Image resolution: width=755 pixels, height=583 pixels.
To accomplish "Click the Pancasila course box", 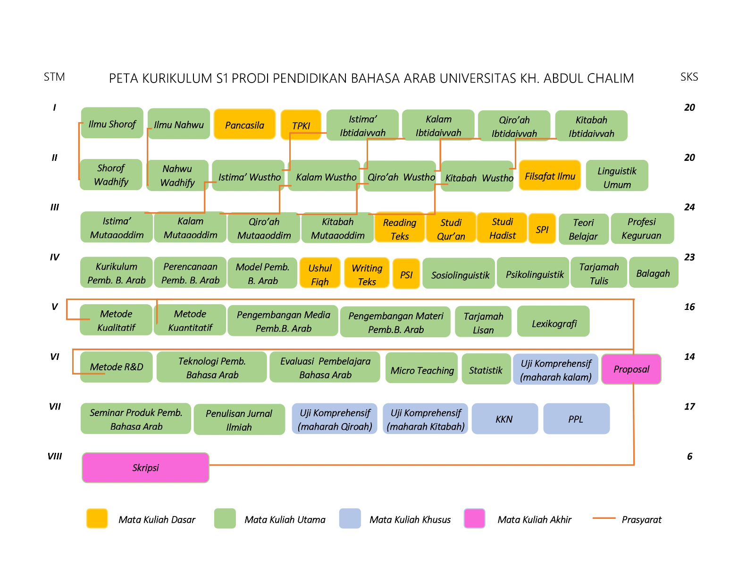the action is [x=244, y=125].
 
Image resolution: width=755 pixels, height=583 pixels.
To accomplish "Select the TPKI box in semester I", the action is [x=301, y=125].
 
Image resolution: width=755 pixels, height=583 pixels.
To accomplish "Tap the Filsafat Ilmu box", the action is [x=550, y=175].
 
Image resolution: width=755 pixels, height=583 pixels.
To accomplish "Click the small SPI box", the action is [x=542, y=229].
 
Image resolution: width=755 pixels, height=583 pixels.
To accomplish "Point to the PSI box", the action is [x=406, y=274].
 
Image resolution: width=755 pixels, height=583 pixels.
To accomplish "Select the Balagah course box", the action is [x=653, y=273].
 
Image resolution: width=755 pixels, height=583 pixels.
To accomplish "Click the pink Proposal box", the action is [x=631, y=369].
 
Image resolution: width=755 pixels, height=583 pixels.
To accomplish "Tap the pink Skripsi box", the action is [x=145, y=467].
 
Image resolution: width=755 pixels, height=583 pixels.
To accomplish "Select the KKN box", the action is [x=504, y=419].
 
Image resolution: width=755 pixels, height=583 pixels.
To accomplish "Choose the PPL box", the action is [x=576, y=419].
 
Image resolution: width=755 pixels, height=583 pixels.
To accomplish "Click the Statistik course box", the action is [x=486, y=369].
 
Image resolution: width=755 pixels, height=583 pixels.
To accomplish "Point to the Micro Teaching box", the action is [x=422, y=369].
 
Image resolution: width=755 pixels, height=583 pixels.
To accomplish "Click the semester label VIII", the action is [x=55, y=456].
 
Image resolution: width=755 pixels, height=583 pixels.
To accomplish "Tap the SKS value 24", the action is [x=689, y=207].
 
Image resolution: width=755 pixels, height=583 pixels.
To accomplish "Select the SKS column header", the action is [x=689, y=77].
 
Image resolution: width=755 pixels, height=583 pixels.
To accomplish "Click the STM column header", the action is [x=54, y=77].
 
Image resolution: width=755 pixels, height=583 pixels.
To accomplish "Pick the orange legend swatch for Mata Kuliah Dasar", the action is [x=97, y=518].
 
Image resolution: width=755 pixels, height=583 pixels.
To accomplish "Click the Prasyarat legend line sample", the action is [x=604, y=518].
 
